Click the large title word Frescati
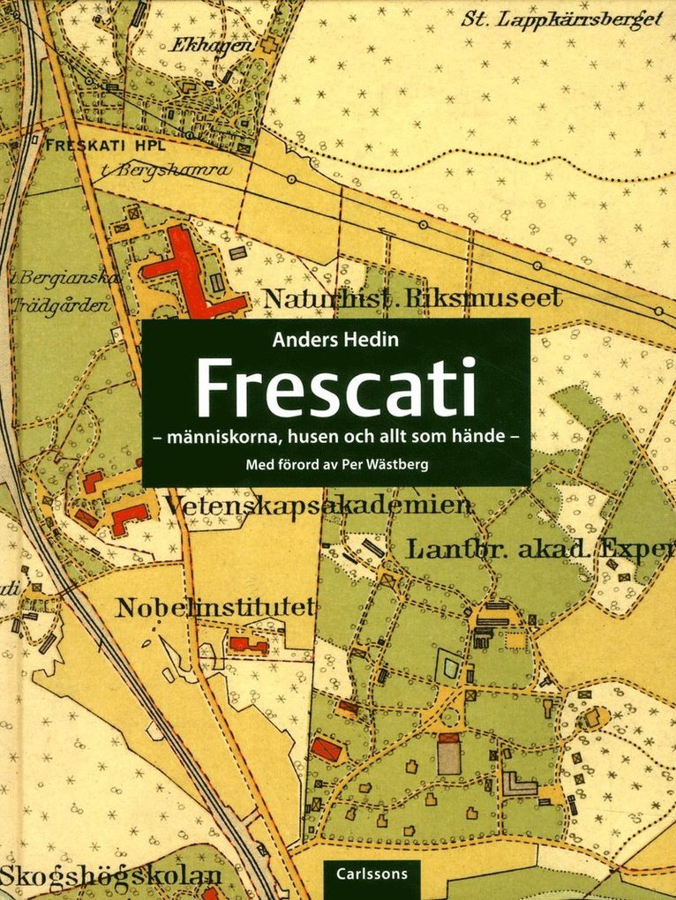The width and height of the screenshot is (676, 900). (335, 387)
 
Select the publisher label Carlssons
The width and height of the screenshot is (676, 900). (370, 879)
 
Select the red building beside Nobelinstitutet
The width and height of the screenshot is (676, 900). (248, 645)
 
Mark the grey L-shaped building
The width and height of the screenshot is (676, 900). (521, 784)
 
